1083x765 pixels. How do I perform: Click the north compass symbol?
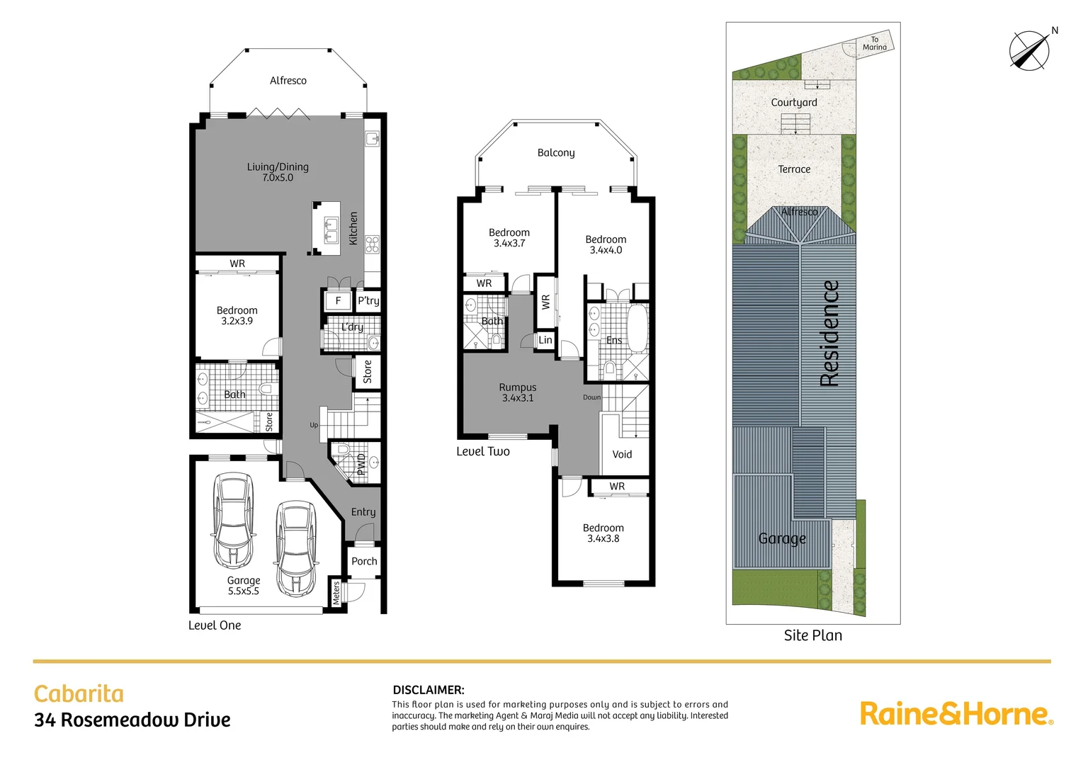(1029, 50)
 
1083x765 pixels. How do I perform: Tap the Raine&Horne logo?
(956, 713)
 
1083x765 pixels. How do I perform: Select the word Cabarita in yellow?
(79, 693)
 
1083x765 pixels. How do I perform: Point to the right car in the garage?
(295, 548)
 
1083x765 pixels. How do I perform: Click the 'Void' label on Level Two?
(622, 454)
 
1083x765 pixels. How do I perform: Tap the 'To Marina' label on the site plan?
(874, 44)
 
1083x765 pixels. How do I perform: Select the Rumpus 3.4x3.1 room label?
(518, 392)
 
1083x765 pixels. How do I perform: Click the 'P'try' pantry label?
(368, 300)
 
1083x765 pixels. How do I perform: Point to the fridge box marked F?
(338, 300)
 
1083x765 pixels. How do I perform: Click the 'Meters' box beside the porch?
(336, 592)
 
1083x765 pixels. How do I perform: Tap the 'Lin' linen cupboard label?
(545, 340)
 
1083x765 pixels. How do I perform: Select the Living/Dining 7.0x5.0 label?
(278, 172)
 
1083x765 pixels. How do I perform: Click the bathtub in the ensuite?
(637, 328)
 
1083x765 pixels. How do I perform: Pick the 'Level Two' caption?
(483, 451)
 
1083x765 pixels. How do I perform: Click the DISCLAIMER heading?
(429, 689)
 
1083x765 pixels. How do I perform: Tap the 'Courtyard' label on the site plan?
(793, 102)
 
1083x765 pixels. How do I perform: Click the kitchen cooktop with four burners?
(373, 244)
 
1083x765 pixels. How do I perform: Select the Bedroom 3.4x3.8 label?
(603, 533)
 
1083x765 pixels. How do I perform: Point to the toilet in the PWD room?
(343, 450)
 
